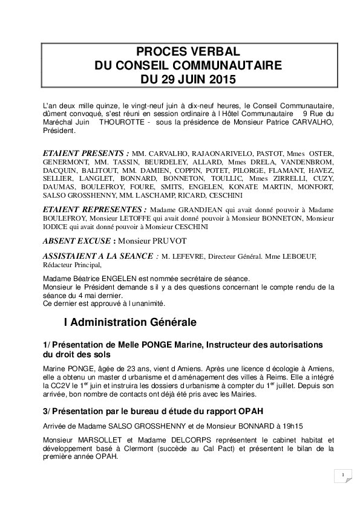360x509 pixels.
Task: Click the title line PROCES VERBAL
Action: pyautogui.click(x=180, y=53)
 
